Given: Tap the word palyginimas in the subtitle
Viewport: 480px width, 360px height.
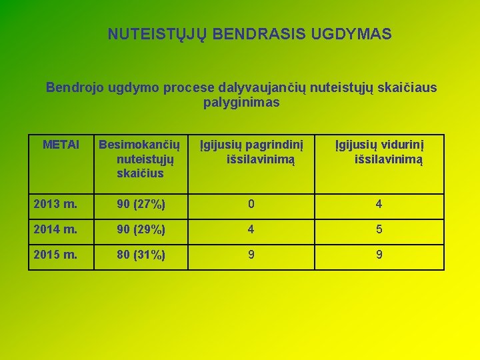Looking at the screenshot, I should click(x=241, y=103).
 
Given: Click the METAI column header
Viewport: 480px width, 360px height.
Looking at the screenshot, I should click(x=61, y=145).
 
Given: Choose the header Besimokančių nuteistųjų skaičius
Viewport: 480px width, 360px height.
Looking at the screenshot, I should click(x=139, y=159).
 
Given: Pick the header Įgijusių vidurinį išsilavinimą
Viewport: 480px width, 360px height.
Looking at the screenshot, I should click(x=379, y=152).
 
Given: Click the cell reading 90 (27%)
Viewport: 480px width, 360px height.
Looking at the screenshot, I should click(x=132, y=204).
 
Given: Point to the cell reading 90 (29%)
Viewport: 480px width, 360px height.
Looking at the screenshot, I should click(x=132, y=229).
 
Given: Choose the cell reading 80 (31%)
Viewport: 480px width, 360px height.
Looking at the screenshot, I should click(x=132, y=254).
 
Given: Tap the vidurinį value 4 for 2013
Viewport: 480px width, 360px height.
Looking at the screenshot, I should click(x=379, y=204).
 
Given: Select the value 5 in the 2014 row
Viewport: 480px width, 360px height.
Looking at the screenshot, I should click(x=379, y=229).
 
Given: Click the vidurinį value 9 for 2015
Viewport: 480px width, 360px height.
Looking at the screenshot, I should click(x=379, y=254).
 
